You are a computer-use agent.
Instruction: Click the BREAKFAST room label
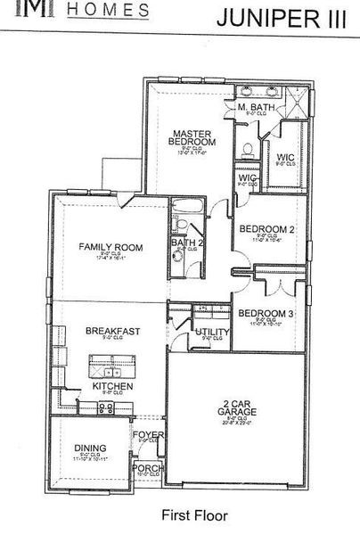(x=112, y=331)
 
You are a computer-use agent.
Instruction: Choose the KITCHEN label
(x=112, y=387)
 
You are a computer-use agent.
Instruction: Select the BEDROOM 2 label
(x=268, y=228)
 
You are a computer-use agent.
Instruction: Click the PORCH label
(x=143, y=468)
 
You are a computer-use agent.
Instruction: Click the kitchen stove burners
(x=104, y=407)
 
